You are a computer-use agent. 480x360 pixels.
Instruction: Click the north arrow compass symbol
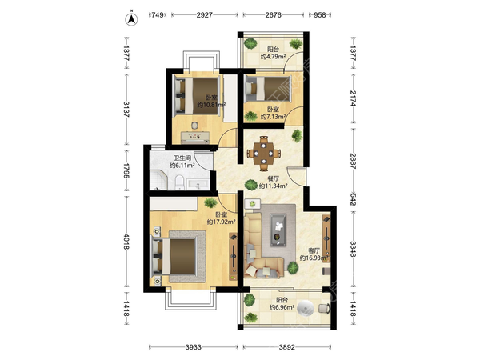(x=131, y=18)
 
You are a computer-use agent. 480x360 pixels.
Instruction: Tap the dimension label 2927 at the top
(x=205, y=14)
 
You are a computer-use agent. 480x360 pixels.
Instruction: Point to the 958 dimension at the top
(x=319, y=14)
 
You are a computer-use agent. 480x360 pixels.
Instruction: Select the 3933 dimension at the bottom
(x=194, y=347)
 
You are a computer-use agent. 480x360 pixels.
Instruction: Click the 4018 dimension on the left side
(x=126, y=242)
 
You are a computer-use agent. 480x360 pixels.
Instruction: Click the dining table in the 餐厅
(x=263, y=153)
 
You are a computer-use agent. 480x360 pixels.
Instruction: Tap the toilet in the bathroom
(x=179, y=182)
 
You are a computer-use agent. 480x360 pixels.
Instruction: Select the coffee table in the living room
(x=278, y=230)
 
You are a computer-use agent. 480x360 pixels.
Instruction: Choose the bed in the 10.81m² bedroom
(x=197, y=97)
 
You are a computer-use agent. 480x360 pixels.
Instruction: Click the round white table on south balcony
(x=306, y=308)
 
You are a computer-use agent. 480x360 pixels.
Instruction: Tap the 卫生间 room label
(x=182, y=158)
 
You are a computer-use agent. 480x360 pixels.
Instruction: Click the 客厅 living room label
(x=314, y=250)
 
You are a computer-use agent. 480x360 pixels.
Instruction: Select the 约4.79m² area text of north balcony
(x=273, y=57)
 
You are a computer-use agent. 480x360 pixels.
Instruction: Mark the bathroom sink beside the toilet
(x=198, y=184)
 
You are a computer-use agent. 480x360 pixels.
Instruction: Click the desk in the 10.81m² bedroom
(x=195, y=138)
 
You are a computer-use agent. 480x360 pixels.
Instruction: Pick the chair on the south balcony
(x=324, y=308)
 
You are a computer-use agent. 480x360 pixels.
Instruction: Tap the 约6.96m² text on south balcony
(x=282, y=307)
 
